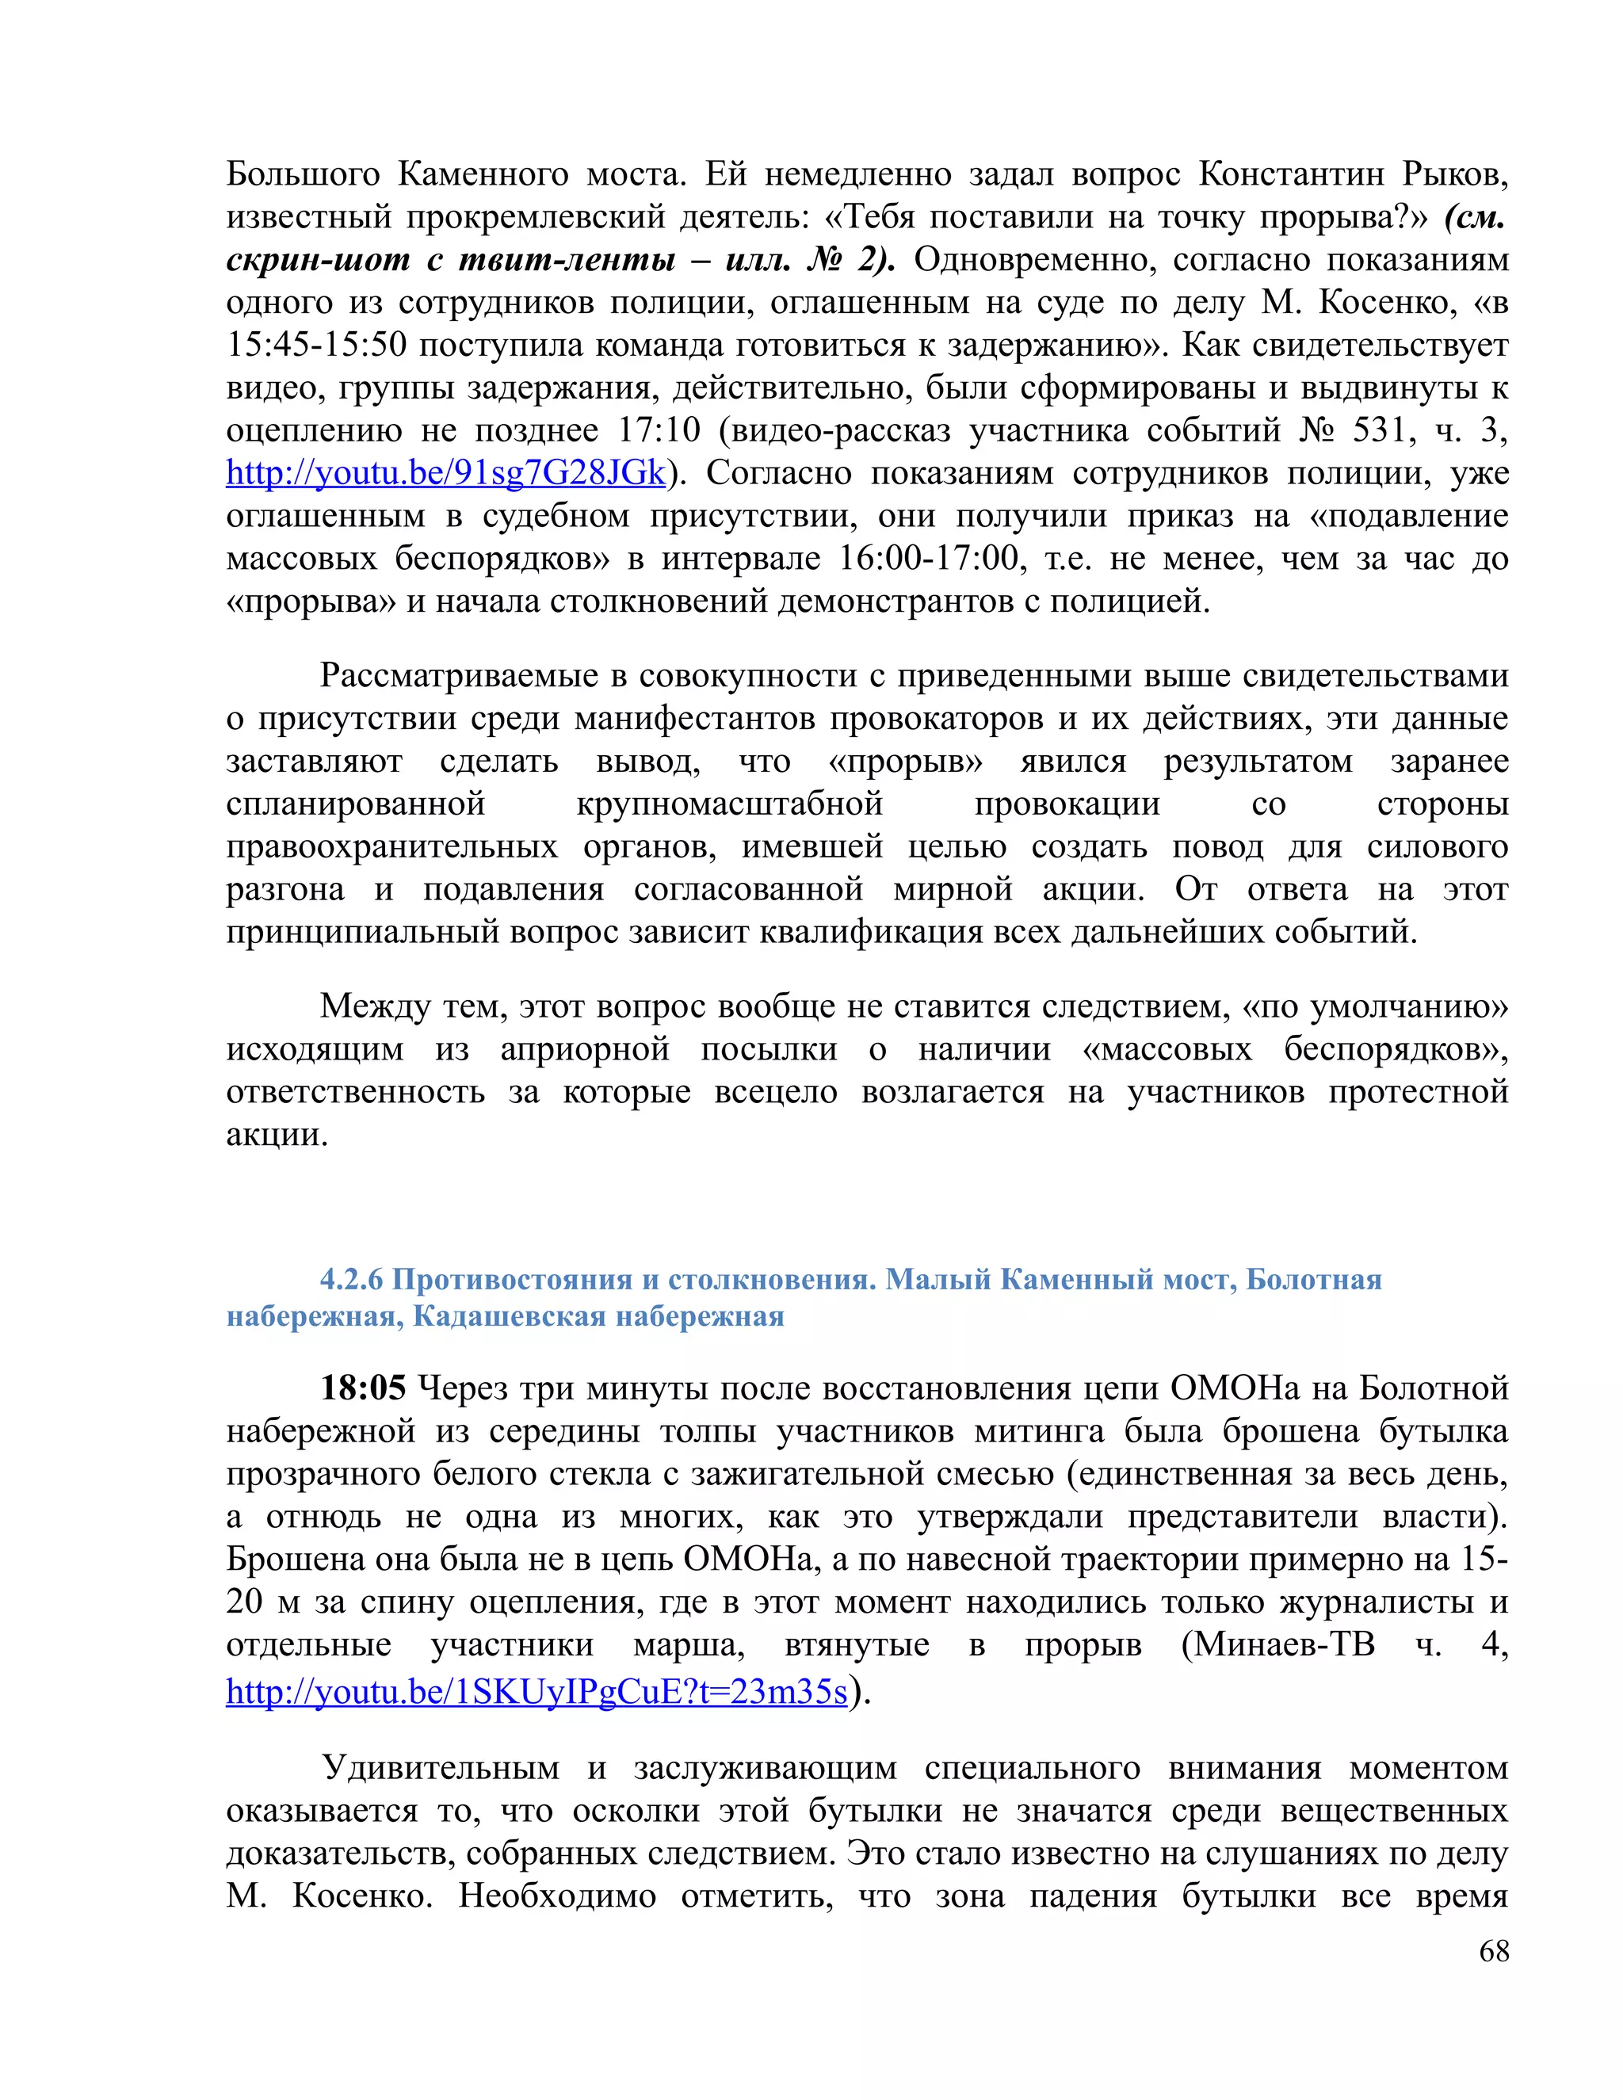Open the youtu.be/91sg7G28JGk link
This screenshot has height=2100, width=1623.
[446, 473]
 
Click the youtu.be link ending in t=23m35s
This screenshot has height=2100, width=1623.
[537, 1690]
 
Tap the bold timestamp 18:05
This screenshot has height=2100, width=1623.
[362, 1388]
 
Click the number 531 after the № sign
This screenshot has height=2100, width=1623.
[1381, 430]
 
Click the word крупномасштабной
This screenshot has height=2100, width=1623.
[730, 803]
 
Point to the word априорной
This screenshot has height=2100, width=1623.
[585, 1049]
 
